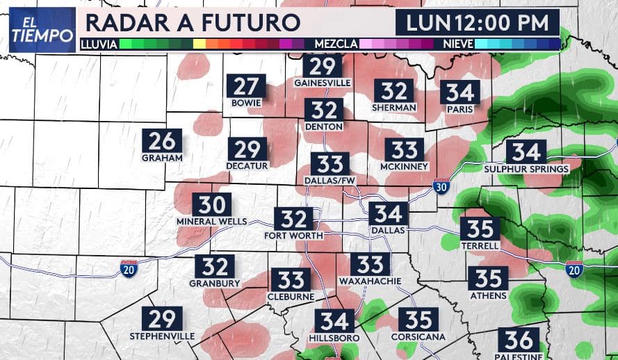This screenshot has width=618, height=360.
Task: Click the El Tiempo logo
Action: coord(42,29)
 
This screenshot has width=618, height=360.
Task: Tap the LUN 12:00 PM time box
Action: coord(477,22)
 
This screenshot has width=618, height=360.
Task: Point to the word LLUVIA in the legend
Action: coord(99,44)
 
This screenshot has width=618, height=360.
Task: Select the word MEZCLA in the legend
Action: coord(336,44)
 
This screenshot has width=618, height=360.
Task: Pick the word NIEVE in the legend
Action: coord(458,44)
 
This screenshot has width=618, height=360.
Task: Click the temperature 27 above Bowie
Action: coord(246,86)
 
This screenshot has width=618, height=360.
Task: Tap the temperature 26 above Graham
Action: coord(162,140)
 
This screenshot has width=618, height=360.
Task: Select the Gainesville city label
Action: coord(322,82)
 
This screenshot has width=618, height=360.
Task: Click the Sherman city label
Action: coord(394,107)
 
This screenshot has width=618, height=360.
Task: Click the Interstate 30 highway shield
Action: coord(441,186)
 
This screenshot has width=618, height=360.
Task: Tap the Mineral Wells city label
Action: coord(211,221)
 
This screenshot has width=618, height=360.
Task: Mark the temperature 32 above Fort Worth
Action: coord(293,218)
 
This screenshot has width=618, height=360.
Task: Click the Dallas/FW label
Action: coord(330,181)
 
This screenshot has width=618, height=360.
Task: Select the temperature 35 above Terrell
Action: coord(480,228)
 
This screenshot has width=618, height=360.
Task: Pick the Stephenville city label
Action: coord(162,336)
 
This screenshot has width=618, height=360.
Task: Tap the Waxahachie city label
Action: coord(370,280)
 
